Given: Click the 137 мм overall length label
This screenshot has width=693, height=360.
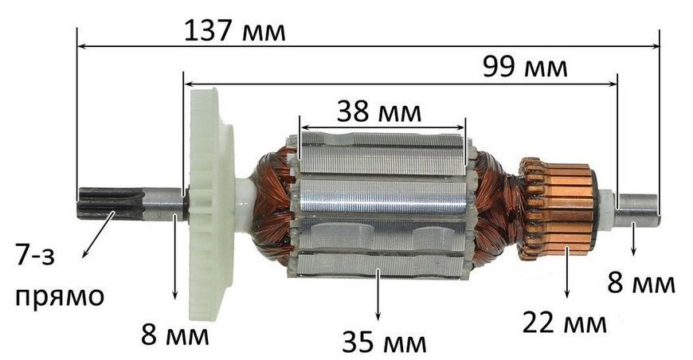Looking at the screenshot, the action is pyautogui.click(x=235, y=31).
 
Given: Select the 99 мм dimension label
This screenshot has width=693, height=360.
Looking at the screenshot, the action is pyautogui.click(x=525, y=68).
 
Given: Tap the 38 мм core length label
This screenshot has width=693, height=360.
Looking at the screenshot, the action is pyautogui.click(x=379, y=112).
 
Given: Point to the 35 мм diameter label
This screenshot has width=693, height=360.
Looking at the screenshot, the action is pyautogui.click(x=384, y=342).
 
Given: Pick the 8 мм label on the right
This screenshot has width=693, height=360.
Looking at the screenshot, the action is pyautogui.click(x=641, y=283).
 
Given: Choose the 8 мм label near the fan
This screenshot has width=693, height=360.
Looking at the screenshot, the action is pyautogui.click(x=175, y=335).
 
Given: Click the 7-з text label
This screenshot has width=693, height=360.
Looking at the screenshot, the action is pyautogui.click(x=35, y=255).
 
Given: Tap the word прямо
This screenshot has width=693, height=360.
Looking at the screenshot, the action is pyautogui.click(x=60, y=297).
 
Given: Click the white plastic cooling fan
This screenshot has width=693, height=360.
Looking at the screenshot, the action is pyautogui.click(x=210, y=205).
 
